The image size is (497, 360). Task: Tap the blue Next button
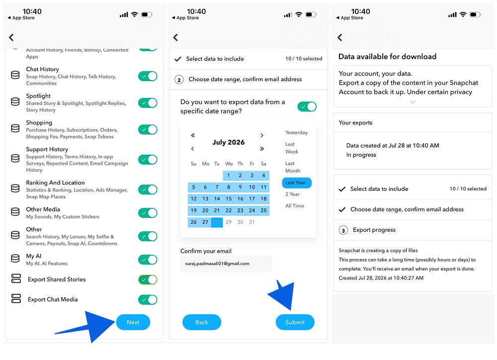tap(133, 322)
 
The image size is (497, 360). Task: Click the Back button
tap(202, 322)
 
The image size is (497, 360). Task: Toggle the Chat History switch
tap(148, 76)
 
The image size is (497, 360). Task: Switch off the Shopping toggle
tap(148, 129)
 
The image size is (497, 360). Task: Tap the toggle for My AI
tap(148, 260)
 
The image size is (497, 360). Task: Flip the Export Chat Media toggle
tap(148, 299)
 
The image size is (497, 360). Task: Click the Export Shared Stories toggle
tap(148, 279)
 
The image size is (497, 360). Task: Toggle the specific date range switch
tap(307, 106)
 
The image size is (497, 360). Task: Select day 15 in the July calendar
tap(229, 199)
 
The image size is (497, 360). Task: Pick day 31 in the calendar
tap(251, 222)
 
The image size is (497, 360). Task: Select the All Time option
tap(294, 206)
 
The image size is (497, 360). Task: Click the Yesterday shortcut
tap(296, 133)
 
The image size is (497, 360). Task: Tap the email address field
tap(226, 264)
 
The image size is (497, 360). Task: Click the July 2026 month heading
tap(229, 142)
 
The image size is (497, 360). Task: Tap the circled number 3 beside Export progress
tap(343, 230)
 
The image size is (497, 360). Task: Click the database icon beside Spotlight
tap(15, 101)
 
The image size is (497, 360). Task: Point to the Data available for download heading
tap(387, 57)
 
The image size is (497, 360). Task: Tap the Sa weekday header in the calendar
tap(263, 164)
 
